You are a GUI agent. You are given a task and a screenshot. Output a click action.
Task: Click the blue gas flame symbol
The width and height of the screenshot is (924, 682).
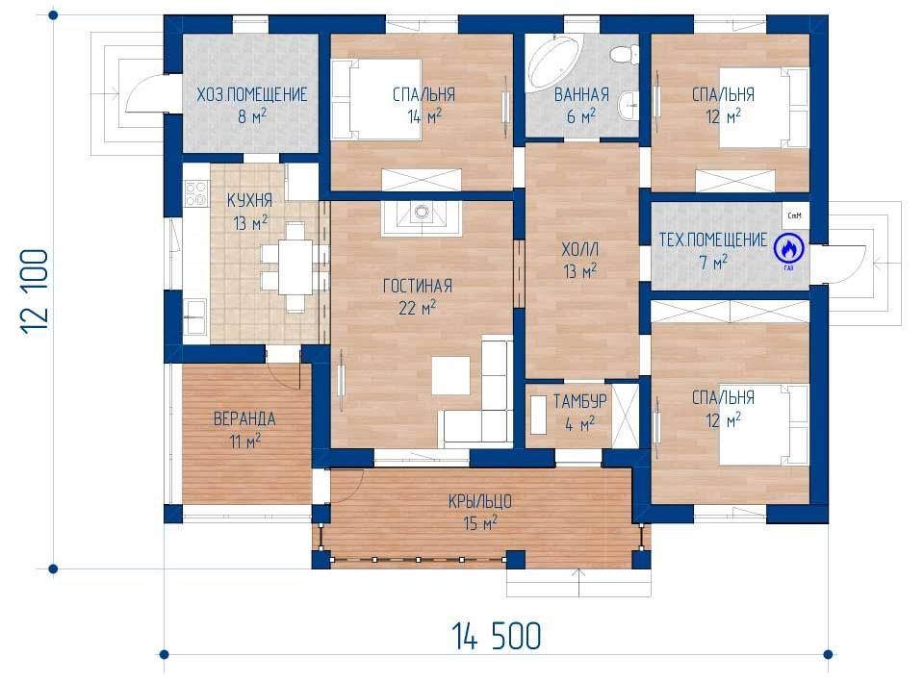pos(789,248)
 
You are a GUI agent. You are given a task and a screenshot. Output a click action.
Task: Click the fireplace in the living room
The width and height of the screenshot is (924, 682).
pos(421,218)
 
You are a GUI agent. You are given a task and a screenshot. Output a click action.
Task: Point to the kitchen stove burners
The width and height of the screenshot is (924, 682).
pos(196,192)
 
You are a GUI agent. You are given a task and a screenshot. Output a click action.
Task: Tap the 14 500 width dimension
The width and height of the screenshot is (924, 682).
pos(497,636)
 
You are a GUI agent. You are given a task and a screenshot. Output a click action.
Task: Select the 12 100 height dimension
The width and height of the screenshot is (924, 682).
pos(35,291)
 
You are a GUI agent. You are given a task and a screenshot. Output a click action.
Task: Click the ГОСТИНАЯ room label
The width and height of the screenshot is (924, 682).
pos(417,287)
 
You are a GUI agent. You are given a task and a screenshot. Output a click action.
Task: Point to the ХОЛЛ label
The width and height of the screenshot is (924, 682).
pos(579,250)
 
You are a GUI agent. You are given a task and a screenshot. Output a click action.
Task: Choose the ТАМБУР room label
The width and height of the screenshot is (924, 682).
pos(579,402)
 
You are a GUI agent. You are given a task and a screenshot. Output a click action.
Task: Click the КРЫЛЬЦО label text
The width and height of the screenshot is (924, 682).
pos(479,502)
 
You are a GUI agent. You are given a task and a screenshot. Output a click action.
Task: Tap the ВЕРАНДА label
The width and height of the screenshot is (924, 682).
pos(244,418)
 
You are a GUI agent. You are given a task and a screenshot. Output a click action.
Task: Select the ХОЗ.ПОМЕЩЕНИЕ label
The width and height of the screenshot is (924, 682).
pos(251,94)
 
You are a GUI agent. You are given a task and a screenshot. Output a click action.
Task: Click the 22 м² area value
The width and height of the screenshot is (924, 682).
pos(417,308)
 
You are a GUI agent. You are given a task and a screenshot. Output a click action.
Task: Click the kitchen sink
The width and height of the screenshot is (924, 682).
pos(195,309)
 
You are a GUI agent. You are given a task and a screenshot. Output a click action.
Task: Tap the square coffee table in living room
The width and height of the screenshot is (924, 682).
pos(450,375)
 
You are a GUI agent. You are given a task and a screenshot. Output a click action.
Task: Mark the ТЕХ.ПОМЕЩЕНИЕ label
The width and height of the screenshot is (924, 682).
pos(713,240)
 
